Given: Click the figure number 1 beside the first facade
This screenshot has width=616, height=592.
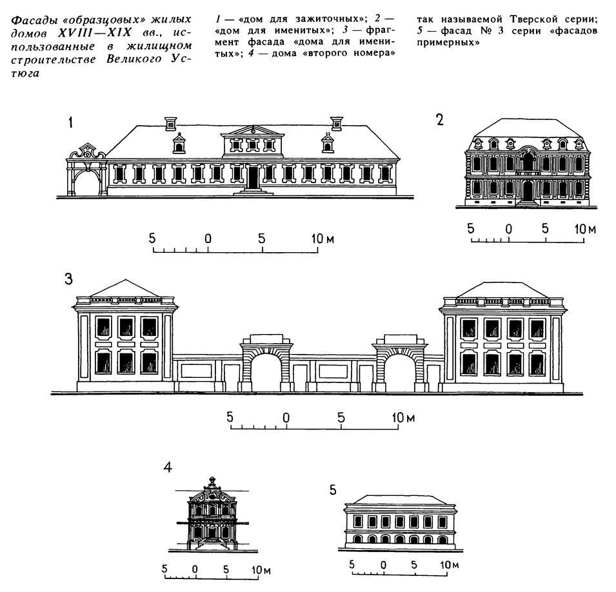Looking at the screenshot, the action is pyautogui.click(x=70, y=123).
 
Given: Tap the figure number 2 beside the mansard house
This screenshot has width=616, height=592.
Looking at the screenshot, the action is pyautogui.click(x=440, y=120).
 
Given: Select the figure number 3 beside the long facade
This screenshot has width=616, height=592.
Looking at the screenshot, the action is pyautogui.click(x=69, y=279).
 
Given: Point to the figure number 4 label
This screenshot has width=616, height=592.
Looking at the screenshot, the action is pyautogui.click(x=168, y=468).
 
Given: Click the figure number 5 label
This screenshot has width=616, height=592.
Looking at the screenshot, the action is pyautogui.click(x=333, y=490).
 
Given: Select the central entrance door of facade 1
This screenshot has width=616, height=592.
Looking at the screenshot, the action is pyautogui.click(x=253, y=177).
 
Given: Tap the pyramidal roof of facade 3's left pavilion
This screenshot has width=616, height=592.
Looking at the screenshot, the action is pyautogui.click(x=125, y=288).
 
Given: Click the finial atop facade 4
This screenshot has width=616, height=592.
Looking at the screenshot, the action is pyautogui.click(x=212, y=482).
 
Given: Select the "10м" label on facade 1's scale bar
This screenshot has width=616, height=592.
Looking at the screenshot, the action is pyautogui.click(x=323, y=238).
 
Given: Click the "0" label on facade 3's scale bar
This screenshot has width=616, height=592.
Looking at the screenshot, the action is pyautogui.click(x=286, y=417).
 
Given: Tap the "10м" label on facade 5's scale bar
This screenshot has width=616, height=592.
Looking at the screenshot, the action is pyautogui.click(x=450, y=565).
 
